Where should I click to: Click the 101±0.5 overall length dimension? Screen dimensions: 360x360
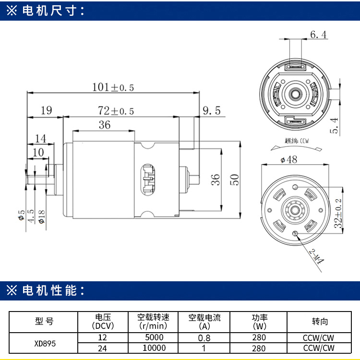(113, 87)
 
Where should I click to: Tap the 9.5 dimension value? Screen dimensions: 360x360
(211, 111)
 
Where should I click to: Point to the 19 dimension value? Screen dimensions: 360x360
(46, 111)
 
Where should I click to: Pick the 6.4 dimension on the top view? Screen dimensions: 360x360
(318, 35)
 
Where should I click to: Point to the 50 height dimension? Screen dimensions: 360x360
(234, 179)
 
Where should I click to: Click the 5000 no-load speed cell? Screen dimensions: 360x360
(154, 337)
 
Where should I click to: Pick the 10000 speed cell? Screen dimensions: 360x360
(154, 348)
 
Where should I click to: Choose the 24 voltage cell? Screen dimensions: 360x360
(102, 348)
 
